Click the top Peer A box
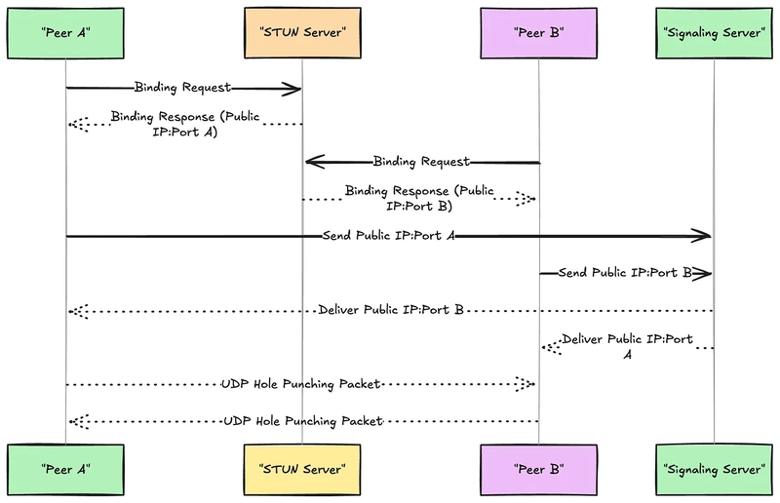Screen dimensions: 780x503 65,33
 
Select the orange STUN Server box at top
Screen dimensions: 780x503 302,33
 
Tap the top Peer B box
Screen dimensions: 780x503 539,33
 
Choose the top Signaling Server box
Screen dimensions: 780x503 715,33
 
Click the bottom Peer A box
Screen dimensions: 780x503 65,470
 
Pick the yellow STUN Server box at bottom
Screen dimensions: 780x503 302,470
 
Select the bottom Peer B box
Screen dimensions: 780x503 539,470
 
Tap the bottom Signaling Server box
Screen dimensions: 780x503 715,470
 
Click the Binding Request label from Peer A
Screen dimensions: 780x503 183,88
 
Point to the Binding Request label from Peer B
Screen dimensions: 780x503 421,162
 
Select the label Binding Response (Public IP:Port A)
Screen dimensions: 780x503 185,125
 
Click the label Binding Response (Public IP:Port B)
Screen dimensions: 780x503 419,199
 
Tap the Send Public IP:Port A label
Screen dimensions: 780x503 389,235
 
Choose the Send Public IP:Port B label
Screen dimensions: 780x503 625,273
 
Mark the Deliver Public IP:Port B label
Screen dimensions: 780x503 391,310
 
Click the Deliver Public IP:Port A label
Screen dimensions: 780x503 628,347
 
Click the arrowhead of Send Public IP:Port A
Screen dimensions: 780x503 701,236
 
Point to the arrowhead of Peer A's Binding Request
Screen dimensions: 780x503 292,90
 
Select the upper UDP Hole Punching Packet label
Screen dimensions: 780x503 301,384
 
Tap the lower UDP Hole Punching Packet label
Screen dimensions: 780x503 303,421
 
